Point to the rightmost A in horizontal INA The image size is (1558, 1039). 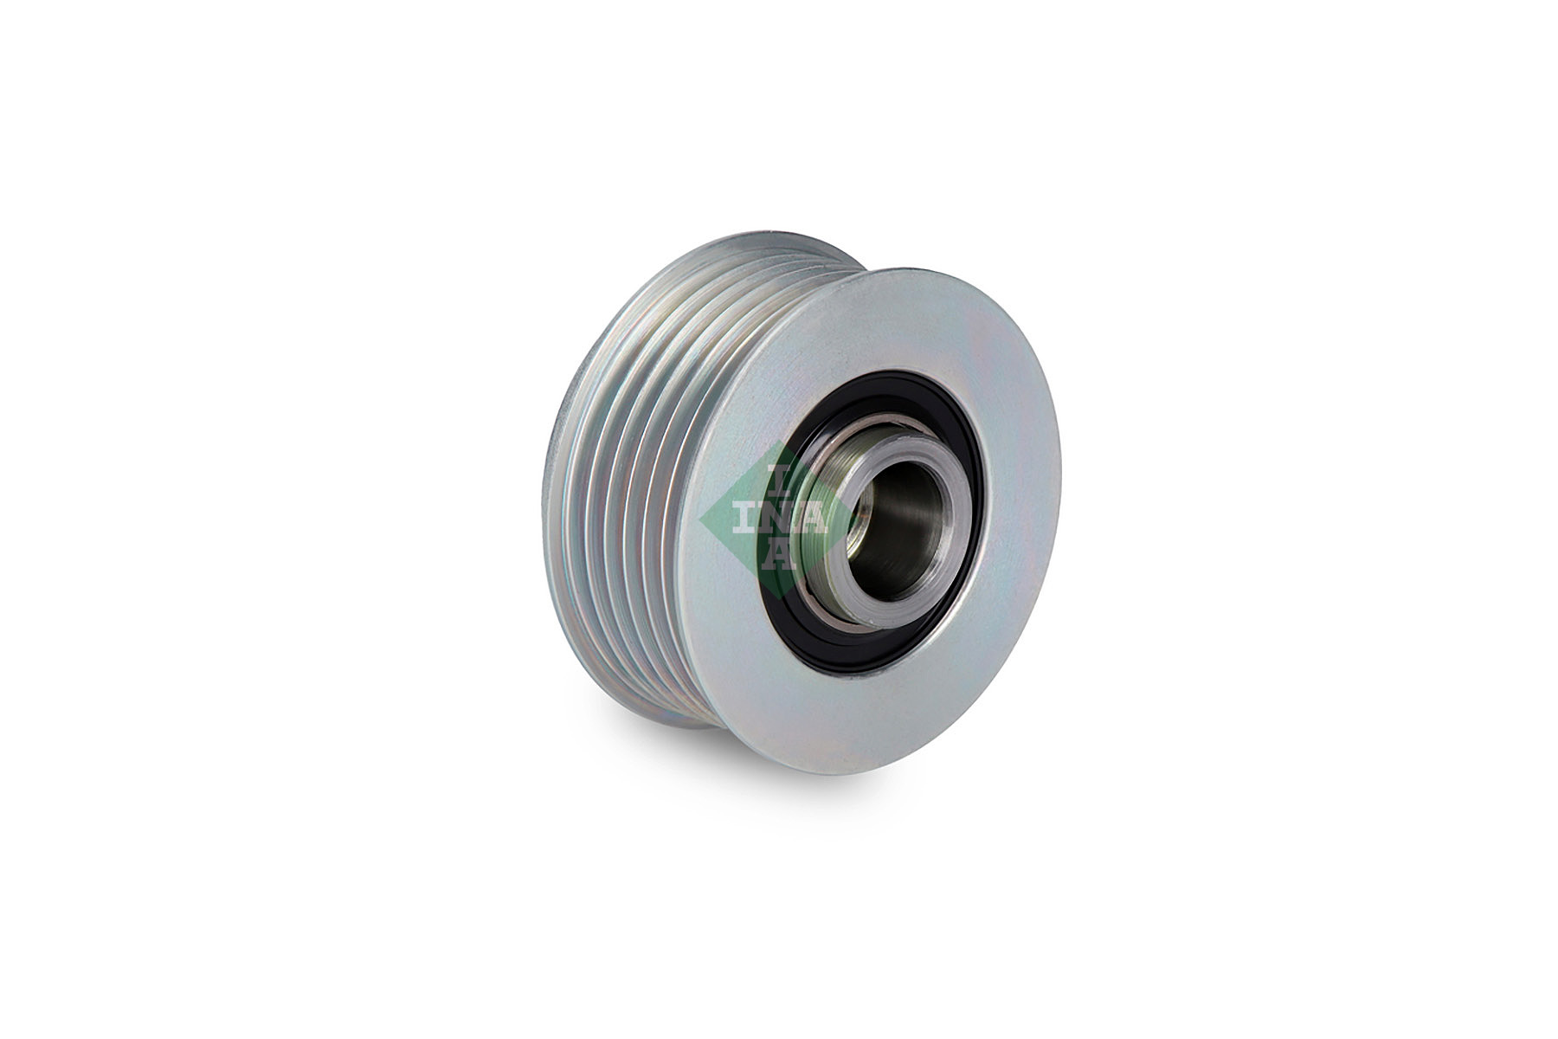pos(812,518)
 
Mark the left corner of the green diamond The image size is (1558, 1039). pos(700,519)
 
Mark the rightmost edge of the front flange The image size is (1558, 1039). pos(1061,485)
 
